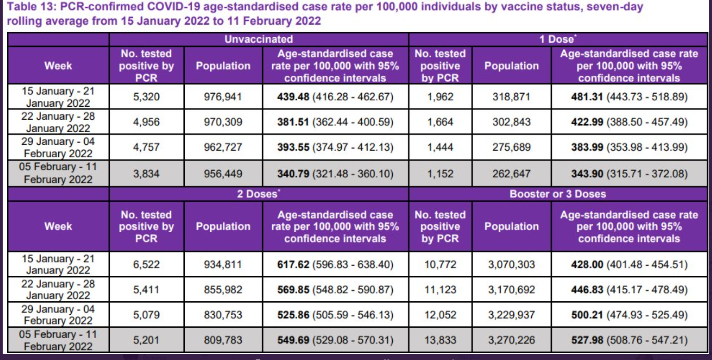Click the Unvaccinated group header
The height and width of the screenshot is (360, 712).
(x=259, y=39)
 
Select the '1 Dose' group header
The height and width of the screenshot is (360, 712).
(x=557, y=39)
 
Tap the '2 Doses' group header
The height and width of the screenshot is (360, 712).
(x=258, y=194)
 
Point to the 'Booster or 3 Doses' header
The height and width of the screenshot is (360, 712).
(x=557, y=194)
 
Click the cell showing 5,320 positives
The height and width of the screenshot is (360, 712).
(x=146, y=97)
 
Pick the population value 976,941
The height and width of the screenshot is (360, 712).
(x=223, y=97)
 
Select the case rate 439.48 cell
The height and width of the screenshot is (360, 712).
(x=335, y=97)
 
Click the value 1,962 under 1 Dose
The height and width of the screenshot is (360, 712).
(x=440, y=97)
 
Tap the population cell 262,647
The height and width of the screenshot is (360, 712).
(x=511, y=173)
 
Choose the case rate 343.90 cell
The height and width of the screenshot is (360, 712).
(x=629, y=173)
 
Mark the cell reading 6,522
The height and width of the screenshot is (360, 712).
(x=146, y=265)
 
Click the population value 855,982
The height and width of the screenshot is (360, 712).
(x=223, y=290)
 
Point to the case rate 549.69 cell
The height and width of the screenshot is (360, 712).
(x=335, y=340)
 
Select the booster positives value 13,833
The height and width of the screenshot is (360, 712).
(x=440, y=340)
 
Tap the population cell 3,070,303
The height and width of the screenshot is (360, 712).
(x=511, y=265)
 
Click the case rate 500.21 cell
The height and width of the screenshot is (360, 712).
(x=629, y=315)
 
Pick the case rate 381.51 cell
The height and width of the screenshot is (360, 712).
(x=335, y=122)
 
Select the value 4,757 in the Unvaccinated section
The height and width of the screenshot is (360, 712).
(x=146, y=147)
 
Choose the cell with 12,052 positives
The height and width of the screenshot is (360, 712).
(x=440, y=315)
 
